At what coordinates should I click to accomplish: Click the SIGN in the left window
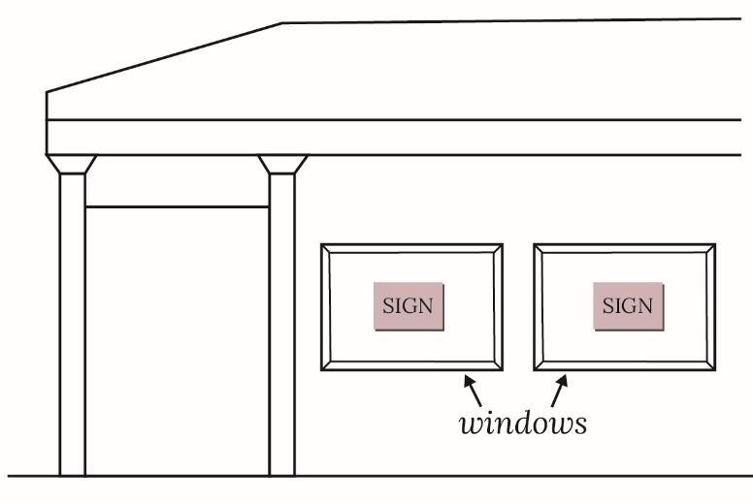coord(409,306)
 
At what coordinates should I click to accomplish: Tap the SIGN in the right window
coord(628,306)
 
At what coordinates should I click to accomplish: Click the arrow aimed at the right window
coord(558,390)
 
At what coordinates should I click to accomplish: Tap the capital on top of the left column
coord(72,164)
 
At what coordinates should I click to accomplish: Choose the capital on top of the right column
coord(282,164)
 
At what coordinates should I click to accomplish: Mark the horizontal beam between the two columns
coord(177,206)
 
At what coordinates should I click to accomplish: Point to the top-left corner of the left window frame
coord(322,245)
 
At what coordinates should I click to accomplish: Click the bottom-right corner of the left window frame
coord(502,370)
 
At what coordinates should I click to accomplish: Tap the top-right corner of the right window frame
coord(715,245)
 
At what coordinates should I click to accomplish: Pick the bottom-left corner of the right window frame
coord(535,370)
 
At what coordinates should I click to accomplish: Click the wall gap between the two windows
coord(518,307)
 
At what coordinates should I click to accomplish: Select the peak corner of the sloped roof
coord(282,23)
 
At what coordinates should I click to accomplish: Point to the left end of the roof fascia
coord(49,121)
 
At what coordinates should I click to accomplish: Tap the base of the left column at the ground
coord(73,473)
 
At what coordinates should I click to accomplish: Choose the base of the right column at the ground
coord(282,473)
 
